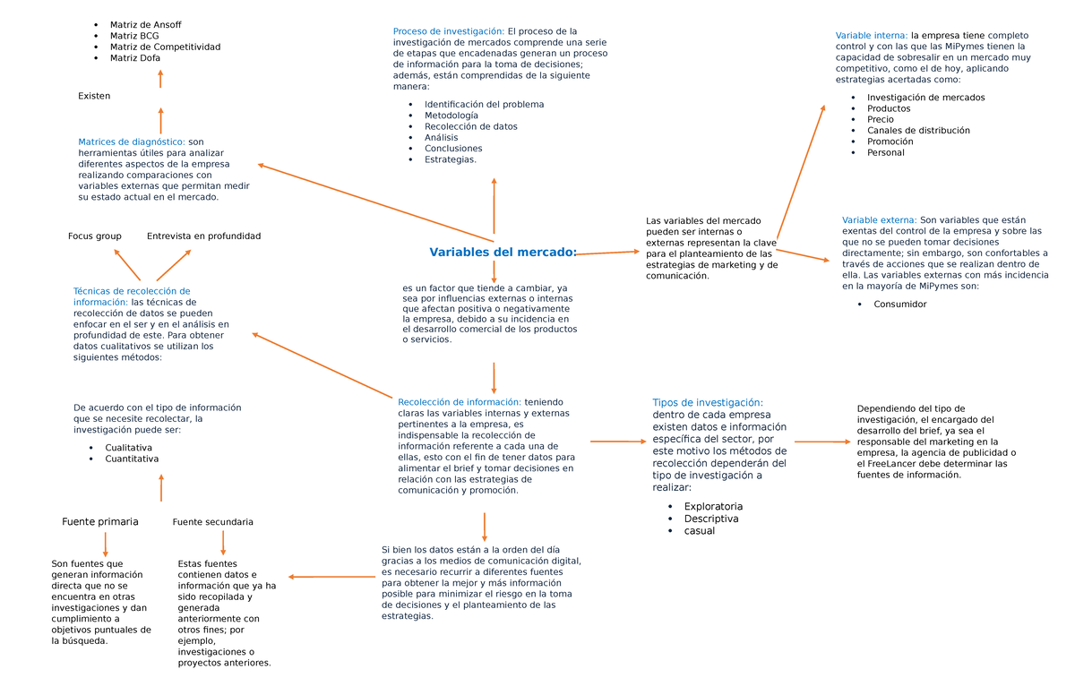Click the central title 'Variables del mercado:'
503,253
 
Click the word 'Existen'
94,96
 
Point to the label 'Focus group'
95,236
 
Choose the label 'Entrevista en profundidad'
203,236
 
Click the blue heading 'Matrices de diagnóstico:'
132,142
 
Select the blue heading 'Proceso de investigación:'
448,31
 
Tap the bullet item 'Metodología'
451,116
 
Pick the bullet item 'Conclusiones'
453,149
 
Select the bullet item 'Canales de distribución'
918,131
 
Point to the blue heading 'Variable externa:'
879,219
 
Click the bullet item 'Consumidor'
899,305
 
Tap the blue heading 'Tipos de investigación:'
708,403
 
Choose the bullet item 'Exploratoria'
713,507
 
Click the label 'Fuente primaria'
100,521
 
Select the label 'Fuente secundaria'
212,522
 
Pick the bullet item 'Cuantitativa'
132,459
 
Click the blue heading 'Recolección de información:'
459,402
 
